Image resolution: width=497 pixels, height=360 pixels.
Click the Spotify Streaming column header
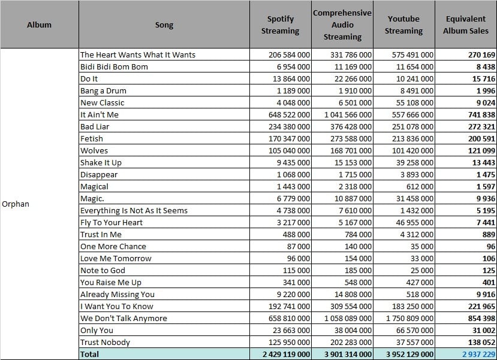click(x=280, y=25)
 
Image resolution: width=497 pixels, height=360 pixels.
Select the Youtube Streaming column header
click(x=403, y=25)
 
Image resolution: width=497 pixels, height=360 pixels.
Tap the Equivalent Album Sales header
click(x=466, y=25)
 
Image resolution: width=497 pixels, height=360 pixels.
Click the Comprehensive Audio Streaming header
click(x=342, y=25)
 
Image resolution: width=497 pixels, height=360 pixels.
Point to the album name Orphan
click(x=16, y=204)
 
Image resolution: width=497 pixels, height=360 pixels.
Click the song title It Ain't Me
click(x=99, y=114)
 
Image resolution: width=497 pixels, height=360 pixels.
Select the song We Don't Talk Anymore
click(x=124, y=318)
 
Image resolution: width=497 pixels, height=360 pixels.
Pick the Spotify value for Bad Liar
click(x=289, y=126)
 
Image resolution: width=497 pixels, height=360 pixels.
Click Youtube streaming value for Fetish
click(x=412, y=139)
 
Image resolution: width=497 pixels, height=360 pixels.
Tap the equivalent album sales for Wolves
click(x=481, y=151)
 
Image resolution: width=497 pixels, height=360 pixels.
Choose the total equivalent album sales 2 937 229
click(x=478, y=354)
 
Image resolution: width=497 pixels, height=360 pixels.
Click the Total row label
click(x=89, y=354)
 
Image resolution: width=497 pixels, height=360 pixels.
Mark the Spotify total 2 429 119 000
click(x=286, y=354)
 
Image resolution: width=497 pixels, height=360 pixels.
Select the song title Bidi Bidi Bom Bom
click(x=114, y=67)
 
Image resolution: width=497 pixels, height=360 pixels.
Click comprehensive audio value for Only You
click(x=353, y=330)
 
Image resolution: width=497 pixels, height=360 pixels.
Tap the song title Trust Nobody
click(x=106, y=342)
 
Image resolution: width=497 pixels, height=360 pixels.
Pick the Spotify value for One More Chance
click(x=299, y=247)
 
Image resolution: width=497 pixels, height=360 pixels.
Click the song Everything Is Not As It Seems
click(x=134, y=211)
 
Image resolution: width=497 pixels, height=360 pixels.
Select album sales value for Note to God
click(x=489, y=270)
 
